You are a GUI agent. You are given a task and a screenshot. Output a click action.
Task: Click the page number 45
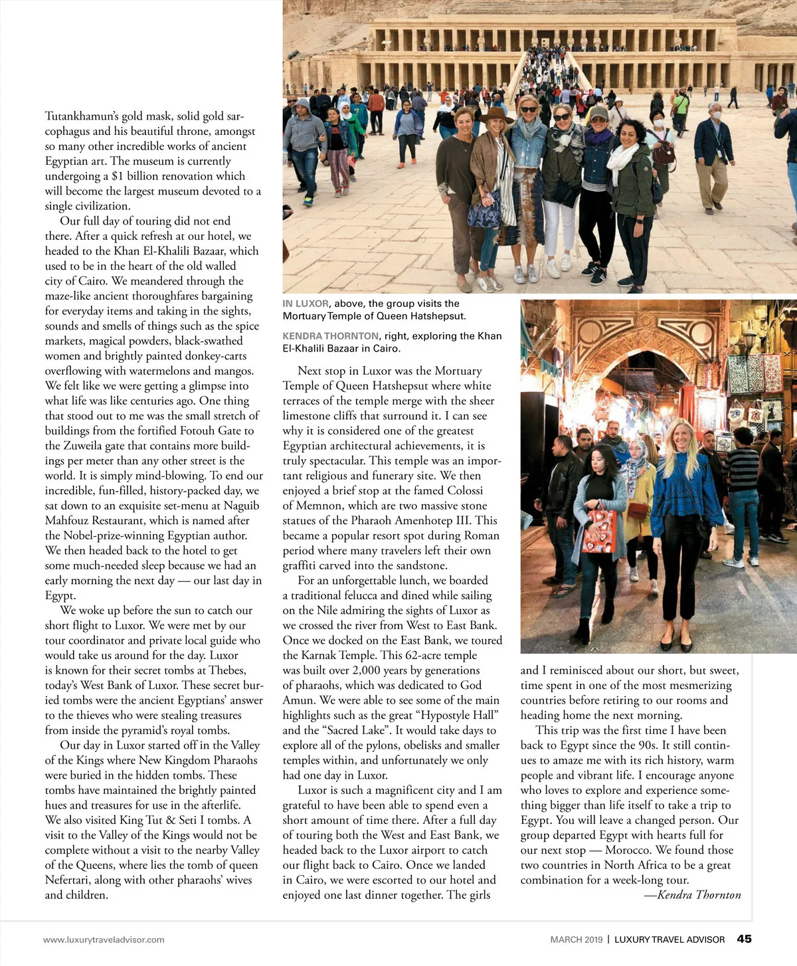tap(744, 939)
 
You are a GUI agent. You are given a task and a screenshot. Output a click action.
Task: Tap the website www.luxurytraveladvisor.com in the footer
tap(104, 939)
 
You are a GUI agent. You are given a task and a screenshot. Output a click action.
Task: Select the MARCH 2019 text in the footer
tap(576, 939)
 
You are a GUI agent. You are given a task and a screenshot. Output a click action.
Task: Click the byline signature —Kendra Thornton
tap(692, 895)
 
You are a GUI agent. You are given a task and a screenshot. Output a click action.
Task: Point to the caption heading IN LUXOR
tap(306, 304)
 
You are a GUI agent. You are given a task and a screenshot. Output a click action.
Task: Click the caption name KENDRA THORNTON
tap(331, 336)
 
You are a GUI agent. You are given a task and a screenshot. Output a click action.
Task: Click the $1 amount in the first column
tap(118, 176)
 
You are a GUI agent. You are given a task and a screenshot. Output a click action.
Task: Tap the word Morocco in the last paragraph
tap(628, 850)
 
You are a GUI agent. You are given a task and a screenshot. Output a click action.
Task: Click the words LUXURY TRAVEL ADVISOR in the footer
tap(669, 939)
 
